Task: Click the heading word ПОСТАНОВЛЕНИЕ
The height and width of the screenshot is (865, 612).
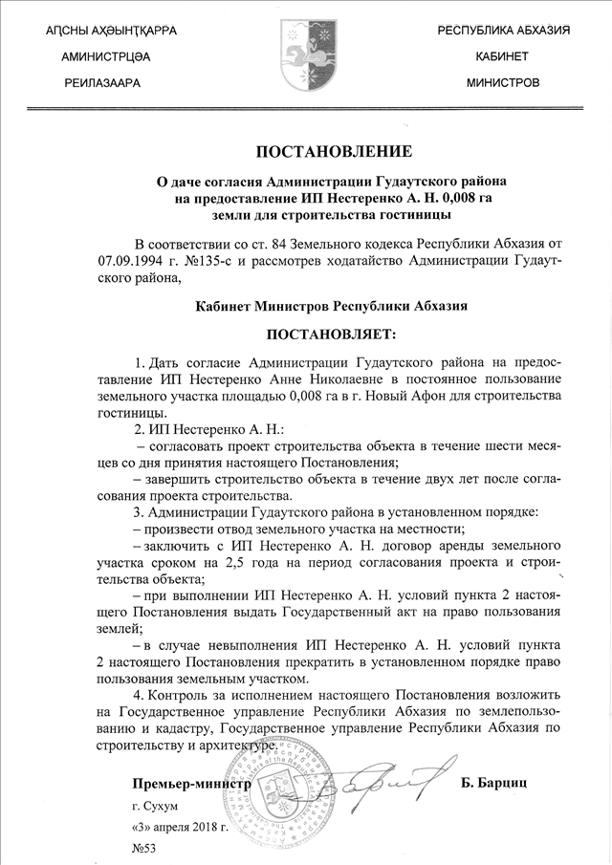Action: pos(334,152)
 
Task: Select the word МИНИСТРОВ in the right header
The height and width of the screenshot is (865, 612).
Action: pos(502,83)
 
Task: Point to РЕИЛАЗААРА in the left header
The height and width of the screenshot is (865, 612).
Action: pos(102,83)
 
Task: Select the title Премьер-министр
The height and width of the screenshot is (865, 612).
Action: pos(191,784)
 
